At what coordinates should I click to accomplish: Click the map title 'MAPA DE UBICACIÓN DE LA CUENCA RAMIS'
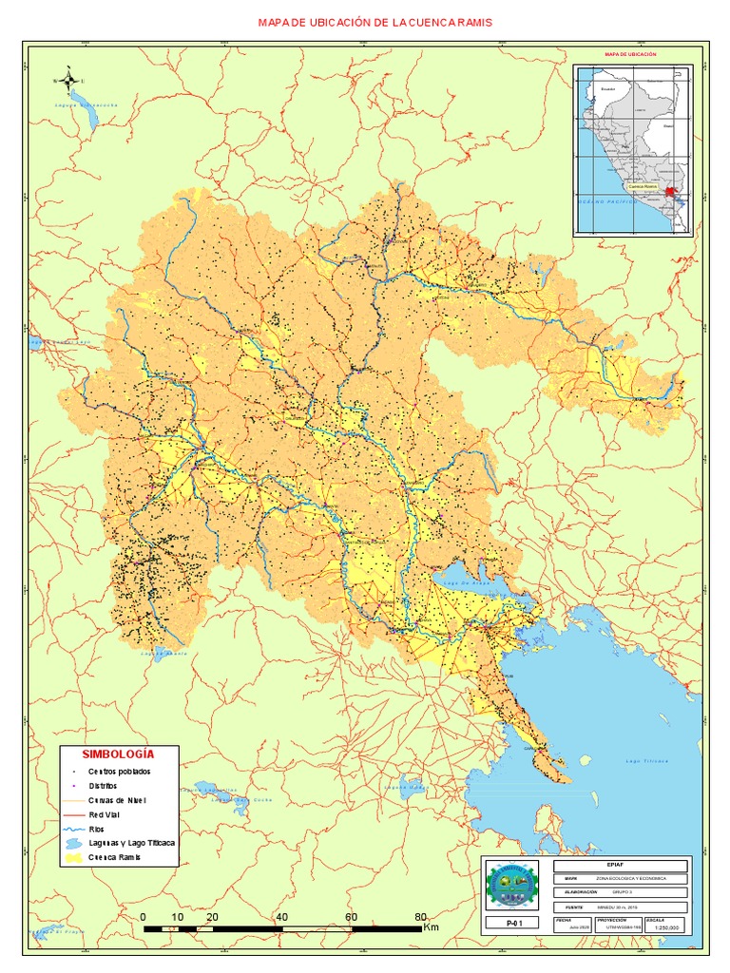click(375, 22)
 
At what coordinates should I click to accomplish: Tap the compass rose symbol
click(68, 80)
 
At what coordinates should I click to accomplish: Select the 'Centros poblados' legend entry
click(120, 772)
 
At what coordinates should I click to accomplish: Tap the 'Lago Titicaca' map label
click(647, 761)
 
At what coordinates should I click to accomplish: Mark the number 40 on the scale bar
click(281, 917)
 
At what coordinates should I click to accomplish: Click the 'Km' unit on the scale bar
click(431, 926)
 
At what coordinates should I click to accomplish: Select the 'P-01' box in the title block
click(515, 922)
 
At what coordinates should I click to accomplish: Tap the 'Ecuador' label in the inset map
click(608, 89)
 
